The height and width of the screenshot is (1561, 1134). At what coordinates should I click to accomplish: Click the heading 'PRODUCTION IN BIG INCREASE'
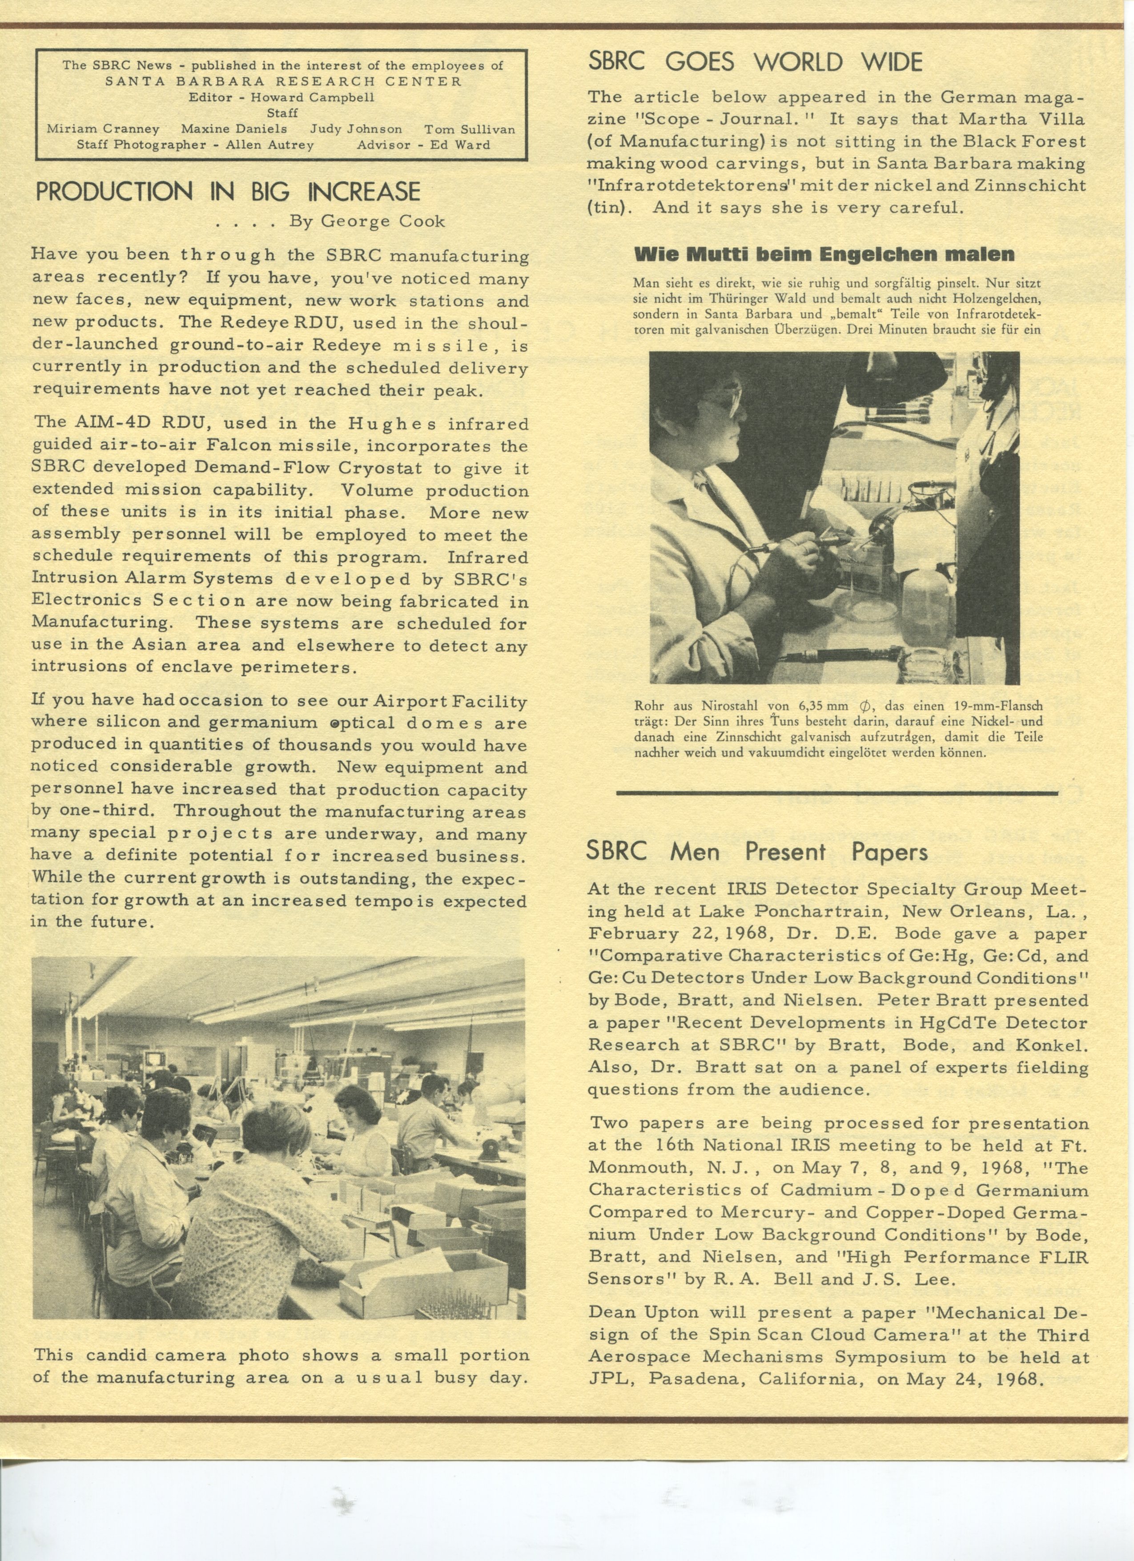227,191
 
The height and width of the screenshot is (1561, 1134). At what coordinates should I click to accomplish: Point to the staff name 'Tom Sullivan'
469,129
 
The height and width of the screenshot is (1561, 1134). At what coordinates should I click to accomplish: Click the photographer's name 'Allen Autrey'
270,145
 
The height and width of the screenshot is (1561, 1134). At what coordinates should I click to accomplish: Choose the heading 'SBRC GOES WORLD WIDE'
754,63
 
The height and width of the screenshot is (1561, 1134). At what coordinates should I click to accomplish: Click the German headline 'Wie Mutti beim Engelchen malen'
824,254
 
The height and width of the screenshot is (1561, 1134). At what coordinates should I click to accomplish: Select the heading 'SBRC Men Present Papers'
757,852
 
